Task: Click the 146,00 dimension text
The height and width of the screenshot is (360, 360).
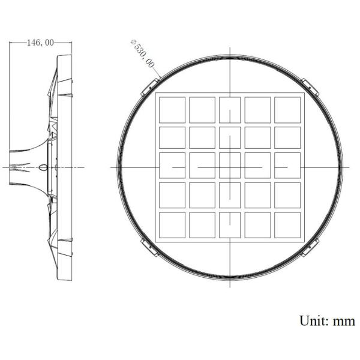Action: [x=40, y=43]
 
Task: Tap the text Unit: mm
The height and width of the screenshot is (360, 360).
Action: [x=327, y=320]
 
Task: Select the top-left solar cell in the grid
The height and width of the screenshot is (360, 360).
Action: [x=172, y=110]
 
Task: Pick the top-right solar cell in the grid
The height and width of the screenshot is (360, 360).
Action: [x=287, y=110]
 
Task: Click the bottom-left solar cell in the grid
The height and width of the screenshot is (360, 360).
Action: [x=172, y=225]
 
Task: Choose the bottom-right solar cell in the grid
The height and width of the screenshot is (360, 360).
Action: [x=287, y=225]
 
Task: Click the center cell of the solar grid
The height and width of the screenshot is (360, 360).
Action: [x=229, y=167]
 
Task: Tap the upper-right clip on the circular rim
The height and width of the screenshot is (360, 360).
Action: [x=310, y=85]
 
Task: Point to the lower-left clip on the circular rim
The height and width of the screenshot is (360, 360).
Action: [x=146, y=247]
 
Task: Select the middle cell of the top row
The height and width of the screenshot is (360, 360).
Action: [x=229, y=110]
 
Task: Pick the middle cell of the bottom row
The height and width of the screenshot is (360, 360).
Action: [x=229, y=225]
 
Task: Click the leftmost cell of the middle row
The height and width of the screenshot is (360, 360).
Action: [x=172, y=167]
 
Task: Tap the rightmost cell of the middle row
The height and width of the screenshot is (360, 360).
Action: [x=287, y=167]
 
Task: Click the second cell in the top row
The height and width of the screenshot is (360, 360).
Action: [x=202, y=110]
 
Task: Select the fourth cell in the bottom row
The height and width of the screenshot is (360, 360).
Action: [x=257, y=225]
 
